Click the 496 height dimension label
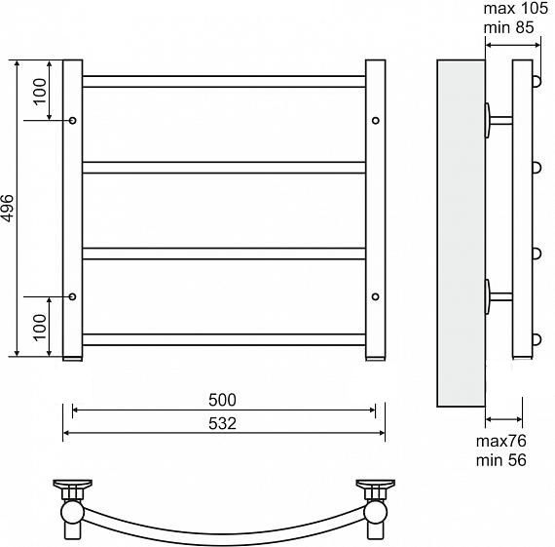coord(7,208)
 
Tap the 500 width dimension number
coord(222,400)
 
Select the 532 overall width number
coord(222,423)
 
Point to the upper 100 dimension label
coord(40,91)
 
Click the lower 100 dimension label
coord(40,328)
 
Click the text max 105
coord(515,9)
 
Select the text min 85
coord(508,27)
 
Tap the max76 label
coord(501,441)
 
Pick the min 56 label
coord(501,460)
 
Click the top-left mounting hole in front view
coord(73,121)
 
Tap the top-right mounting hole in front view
coord(376,121)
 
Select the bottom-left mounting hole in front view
coord(73,296)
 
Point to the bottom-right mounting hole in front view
coord(376,296)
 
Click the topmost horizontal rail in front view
coord(224,82)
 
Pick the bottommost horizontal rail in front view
coord(224,339)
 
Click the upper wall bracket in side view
coord(498,121)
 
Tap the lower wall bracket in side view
coord(498,296)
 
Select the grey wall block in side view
coord(461,233)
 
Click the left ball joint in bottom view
coord(72,512)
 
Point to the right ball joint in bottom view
coord(376,512)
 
